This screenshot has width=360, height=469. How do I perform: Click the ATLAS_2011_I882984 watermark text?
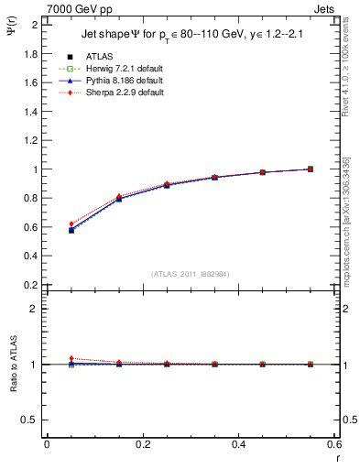tap(191, 274)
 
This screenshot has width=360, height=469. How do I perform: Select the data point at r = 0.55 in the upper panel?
tap(310, 169)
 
